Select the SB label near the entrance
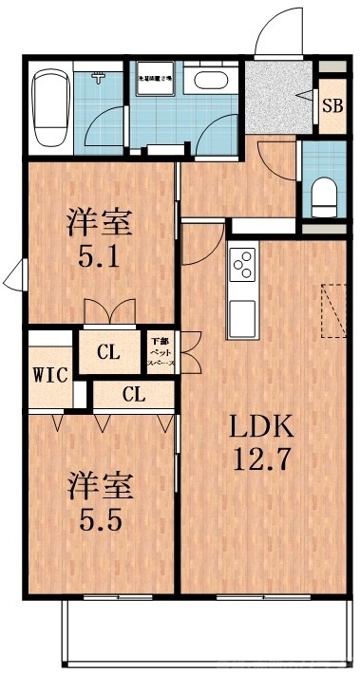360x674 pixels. pyautogui.click(x=332, y=105)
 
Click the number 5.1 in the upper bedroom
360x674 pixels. pyautogui.click(x=99, y=258)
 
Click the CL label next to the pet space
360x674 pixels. pyautogui.click(x=108, y=354)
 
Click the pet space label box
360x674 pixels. pyautogui.click(x=158, y=352)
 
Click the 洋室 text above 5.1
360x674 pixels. pyautogui.click(x=99, y=225)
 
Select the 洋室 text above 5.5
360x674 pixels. pyautogui.click(x=99, y=485)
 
